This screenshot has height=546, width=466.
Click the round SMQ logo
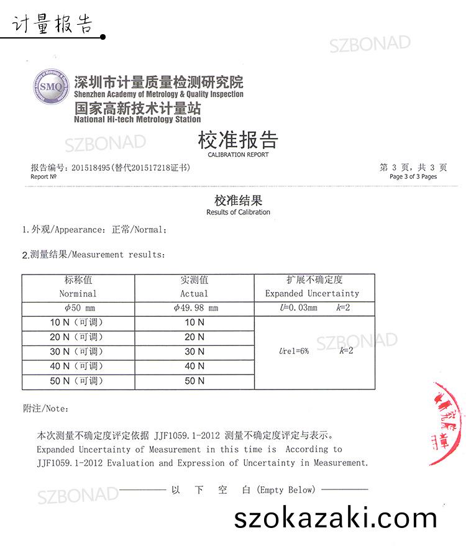[51, 87]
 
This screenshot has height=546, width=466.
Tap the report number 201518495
[91, 168]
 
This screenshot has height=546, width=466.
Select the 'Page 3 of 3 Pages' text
[413, 177]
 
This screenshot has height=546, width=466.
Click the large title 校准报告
[238, 140]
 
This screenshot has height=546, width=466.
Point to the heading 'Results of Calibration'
[238, 212]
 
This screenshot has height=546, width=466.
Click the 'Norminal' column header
[78, 294]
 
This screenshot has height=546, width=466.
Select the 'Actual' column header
[194, 294]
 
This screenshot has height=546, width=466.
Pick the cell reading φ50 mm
[78, 308]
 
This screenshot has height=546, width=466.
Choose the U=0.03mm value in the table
[299, 308]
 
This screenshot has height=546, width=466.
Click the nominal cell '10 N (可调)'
[76, 322]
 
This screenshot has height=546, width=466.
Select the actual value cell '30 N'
[194, 352]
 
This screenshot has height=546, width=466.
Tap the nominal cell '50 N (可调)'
[76, 381]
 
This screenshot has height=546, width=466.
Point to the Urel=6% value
[294, 352]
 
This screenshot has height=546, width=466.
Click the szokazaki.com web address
[336, 517]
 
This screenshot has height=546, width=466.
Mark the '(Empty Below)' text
[286, 490]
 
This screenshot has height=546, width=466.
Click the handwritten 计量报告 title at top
[52, 24]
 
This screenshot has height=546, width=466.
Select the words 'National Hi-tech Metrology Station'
[137, 119]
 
